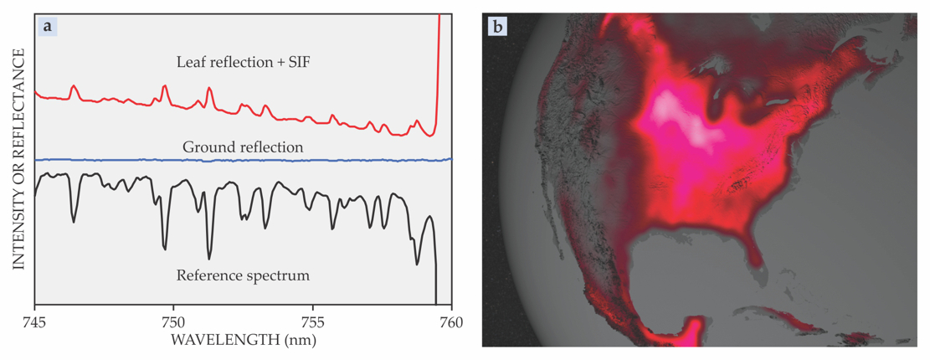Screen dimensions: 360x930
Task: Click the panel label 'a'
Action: click(x=48, y=26)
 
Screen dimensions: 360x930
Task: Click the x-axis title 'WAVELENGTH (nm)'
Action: click(x=243, y=341)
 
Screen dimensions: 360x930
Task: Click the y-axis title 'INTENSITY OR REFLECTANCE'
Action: click(x=18, y=159)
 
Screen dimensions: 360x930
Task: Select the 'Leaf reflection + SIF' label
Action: click(x=243, y=62)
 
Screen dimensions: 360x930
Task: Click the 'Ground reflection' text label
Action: click(x=243, y=147)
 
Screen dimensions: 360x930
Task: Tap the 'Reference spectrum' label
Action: click(x=243, y=274)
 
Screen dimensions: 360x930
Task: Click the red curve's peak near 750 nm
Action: click(x=164, y=86)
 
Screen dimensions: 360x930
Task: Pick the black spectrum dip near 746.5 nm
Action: click(x=74, y=221)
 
